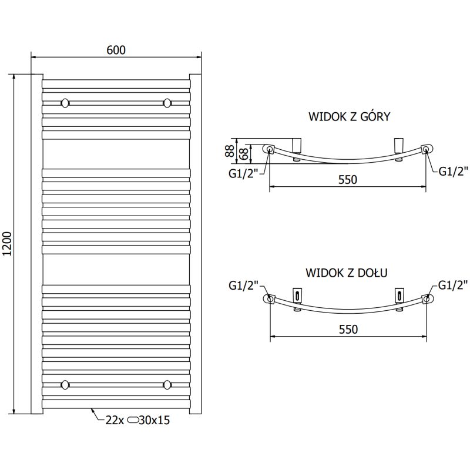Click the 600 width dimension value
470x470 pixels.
pos(116,49)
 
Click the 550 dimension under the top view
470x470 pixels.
pos(347,180)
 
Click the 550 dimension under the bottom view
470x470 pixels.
pos(347,330)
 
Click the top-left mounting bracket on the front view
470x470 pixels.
pos(65,103)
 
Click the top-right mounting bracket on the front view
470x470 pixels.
pos(167,103)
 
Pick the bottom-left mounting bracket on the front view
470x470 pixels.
pos(65,385)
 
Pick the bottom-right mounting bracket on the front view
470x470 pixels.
pos(167,385)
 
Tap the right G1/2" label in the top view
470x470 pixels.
pos(452,172)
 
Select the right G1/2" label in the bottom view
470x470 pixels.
pos(452,286)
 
